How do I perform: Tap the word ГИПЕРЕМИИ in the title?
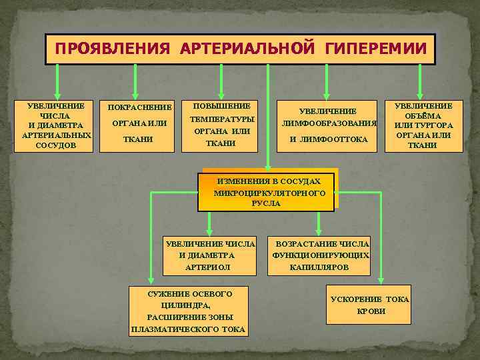click(375, 49)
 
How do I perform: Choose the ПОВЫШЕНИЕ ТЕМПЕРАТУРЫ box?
click(221, 125)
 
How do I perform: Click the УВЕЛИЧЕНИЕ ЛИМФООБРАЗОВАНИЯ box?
click(327, 125)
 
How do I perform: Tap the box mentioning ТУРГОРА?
click(423, 125)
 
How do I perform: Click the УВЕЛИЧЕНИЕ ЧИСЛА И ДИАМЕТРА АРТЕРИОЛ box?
click(209, 255)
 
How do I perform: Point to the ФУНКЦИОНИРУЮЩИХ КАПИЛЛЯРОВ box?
click(320, 255)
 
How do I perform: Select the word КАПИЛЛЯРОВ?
click(319, 267)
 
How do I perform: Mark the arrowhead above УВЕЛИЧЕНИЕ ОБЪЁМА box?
click(420, 94)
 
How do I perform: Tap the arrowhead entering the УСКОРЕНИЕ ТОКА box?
click(381, 282)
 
